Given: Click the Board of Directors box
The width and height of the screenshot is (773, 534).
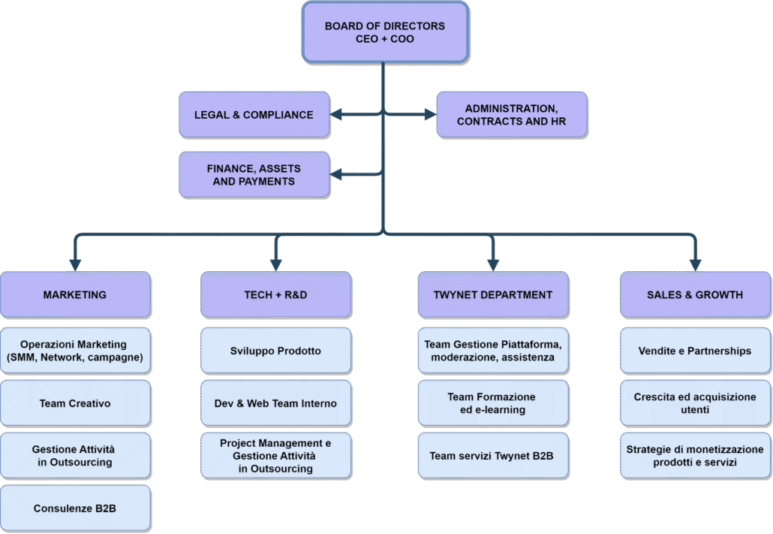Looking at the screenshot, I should [x=385, y=32].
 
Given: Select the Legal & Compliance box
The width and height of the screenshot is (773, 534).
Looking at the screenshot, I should [x=254, y=115].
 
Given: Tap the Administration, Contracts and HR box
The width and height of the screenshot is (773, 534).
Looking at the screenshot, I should [x=511, y=115].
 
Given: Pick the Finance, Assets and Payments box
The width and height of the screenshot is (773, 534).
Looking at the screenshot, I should [x=254, y=174].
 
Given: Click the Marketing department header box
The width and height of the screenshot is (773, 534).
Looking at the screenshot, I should [x=75, y=294].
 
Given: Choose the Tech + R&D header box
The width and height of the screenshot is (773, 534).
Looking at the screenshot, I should [x=275, y=294].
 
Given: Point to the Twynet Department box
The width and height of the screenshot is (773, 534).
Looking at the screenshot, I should [x=492, y=294].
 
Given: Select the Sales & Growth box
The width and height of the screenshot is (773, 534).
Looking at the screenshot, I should [x=695, y=294].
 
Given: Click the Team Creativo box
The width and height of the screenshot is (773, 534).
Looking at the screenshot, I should [x=75, y=403].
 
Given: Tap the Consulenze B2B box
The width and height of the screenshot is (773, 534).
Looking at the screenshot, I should [x=75, y=508].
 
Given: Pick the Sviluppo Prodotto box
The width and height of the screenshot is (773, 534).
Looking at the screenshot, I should [x=275, y=351].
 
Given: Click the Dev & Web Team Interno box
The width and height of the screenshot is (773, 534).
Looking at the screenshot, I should [x=275, y=403].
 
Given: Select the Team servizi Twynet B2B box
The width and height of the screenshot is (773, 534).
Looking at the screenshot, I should [x=492, y=456].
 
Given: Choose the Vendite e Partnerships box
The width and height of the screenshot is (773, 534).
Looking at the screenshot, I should [x=695, y=351].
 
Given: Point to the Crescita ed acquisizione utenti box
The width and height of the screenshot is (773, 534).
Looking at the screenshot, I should [x=695, y=403].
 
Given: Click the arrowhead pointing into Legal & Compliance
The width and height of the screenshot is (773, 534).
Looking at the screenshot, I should [x=335, y=115].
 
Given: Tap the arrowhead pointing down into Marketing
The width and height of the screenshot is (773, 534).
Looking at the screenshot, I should [x=75, y=264].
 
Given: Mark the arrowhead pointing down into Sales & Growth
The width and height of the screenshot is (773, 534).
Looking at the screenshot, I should [x=695, y=264].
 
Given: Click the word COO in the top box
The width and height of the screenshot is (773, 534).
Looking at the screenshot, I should [x=402, y=38].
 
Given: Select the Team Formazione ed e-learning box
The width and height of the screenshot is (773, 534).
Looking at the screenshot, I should [x=492, y=403].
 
